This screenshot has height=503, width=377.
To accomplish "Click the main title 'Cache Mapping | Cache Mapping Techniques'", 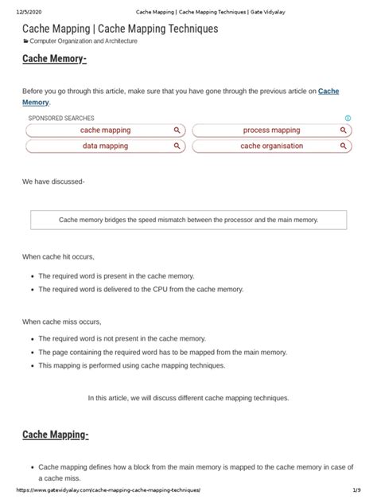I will coord(119,29).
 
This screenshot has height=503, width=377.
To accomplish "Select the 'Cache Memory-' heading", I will coord(55,60).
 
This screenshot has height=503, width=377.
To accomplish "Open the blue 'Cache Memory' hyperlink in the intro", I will coord(328,92).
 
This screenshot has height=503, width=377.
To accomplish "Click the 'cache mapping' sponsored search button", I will coord(106,130).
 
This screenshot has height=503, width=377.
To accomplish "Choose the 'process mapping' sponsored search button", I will coord(271,130).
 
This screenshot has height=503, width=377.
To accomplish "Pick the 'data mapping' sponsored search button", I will coord(106,146).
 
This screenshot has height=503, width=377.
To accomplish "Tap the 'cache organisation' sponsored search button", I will coord(271,146).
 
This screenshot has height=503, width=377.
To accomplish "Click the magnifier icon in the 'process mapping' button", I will coord(343,130).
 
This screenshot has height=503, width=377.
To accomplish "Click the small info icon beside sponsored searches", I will coord(348,118).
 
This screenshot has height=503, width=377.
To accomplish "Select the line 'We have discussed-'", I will coord(53,181).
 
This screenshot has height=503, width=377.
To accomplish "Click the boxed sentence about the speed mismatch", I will coord(188,220).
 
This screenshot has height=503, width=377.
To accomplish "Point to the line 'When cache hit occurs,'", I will coord(58,257).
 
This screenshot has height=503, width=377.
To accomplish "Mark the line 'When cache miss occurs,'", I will coord(61,322).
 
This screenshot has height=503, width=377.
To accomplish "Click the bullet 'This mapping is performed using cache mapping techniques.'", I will coord(132,365).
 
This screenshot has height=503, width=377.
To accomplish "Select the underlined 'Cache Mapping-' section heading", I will coord(56,435).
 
